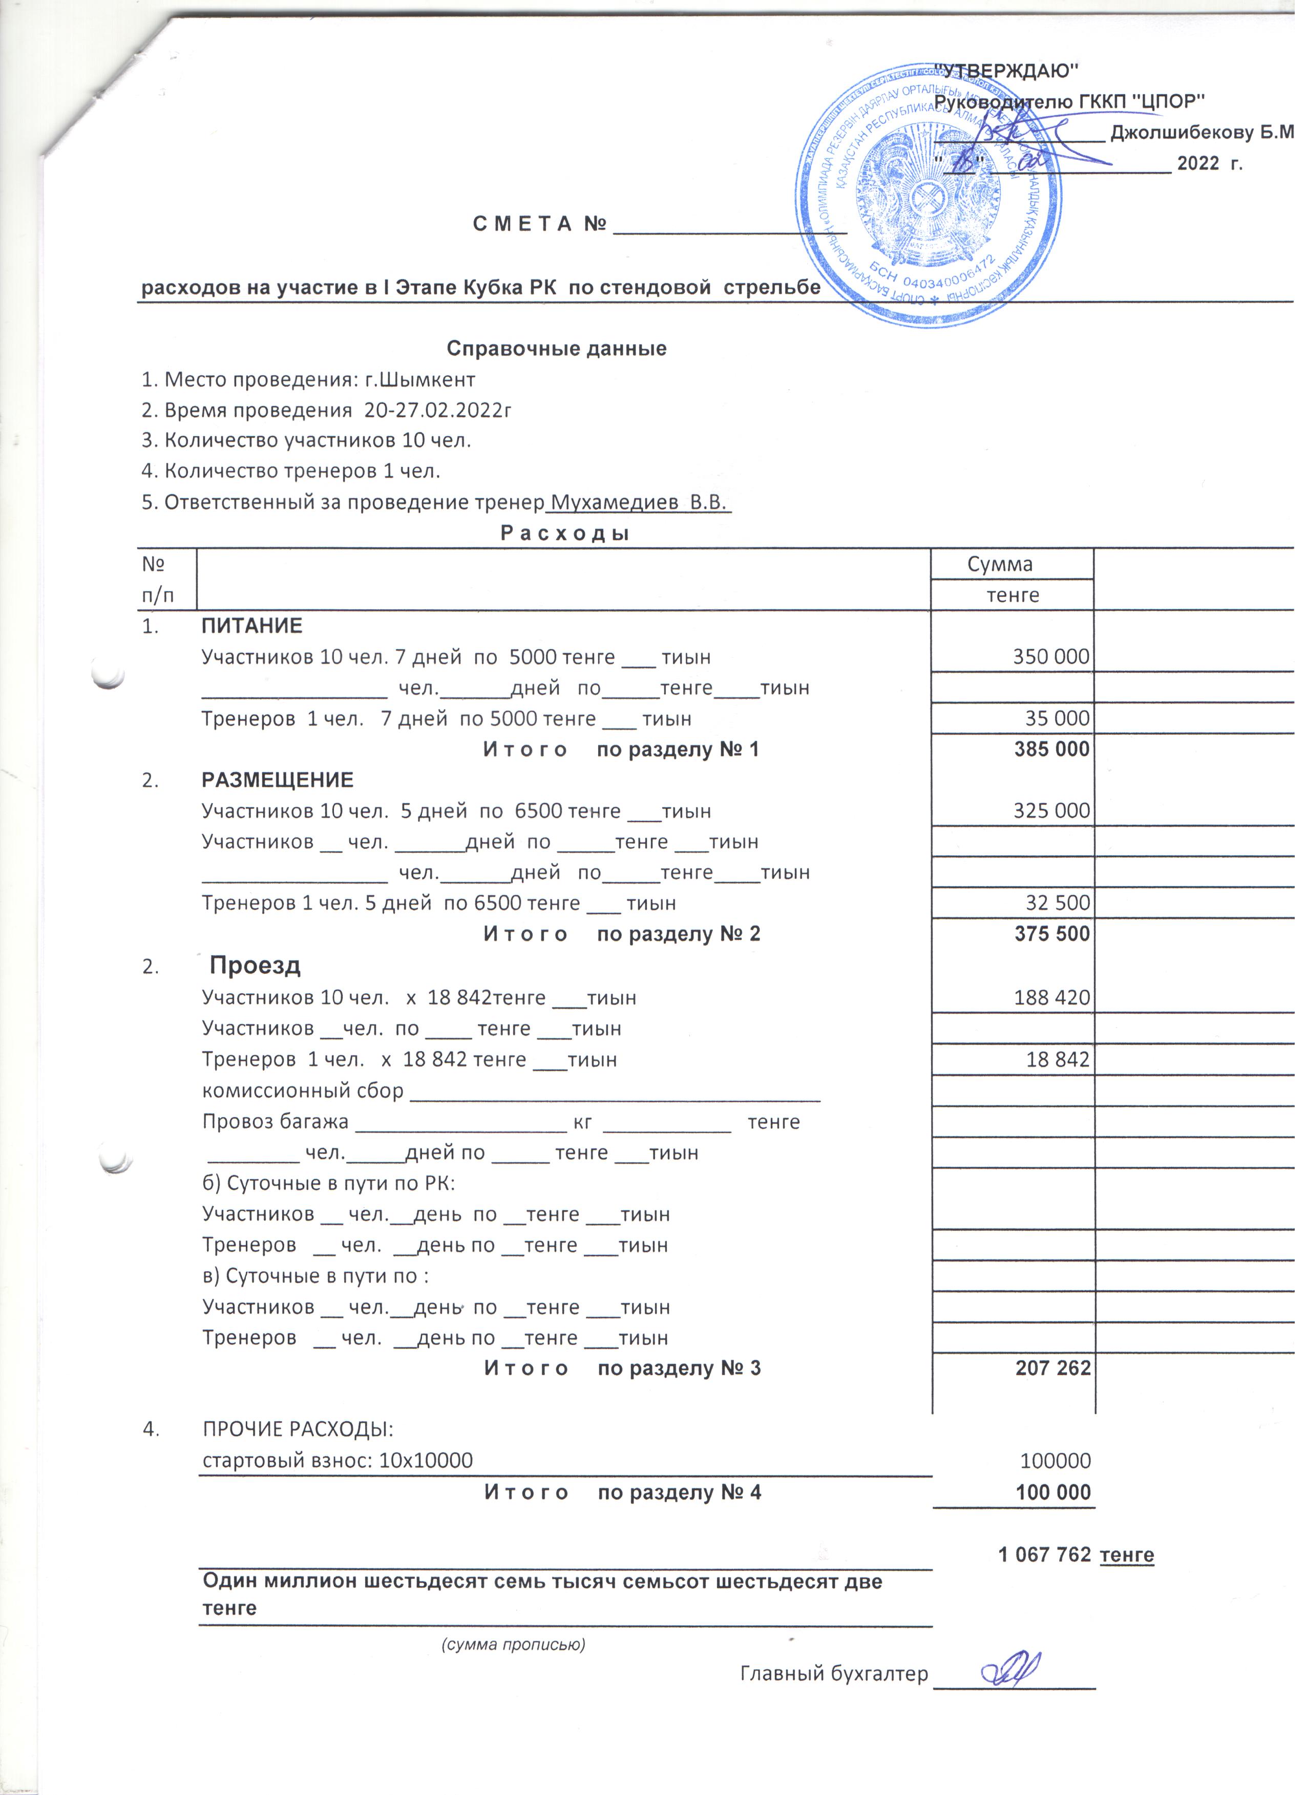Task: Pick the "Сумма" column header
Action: pos(1000,564)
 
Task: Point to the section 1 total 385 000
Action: pos(1052,750)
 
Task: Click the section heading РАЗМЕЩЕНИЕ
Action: pos(277,780)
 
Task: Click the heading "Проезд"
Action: pos(255,966)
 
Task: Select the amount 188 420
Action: pos(1052,997)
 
